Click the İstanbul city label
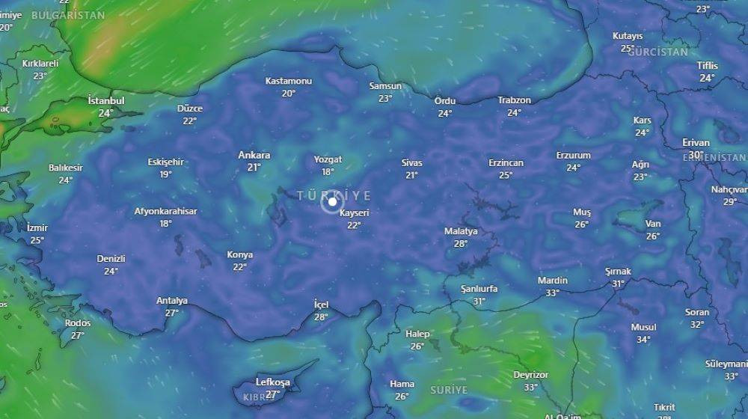(x=106, y=100)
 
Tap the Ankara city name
(x=254, y=155)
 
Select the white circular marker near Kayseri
(x=331, y=201)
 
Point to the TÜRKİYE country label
(x=334, y=195)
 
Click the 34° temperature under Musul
(x=643, y=339)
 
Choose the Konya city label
(x=239, y=254)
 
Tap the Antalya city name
(x=171, y=301)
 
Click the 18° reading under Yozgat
(x=328, y=171)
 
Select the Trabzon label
(x=515, y=100)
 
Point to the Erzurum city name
(x=573, y=156)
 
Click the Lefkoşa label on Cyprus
(x=272, y=382)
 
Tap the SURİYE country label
(x=449, y=390)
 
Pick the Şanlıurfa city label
(x=479, y=289)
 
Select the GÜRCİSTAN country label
(x=657, y=52)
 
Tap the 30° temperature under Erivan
(x=696, y=155)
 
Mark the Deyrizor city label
(x=531, y=375)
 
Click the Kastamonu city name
(x=289, y=81)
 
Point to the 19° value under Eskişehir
(x=165, y=174)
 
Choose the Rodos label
(x=78, y=323)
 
